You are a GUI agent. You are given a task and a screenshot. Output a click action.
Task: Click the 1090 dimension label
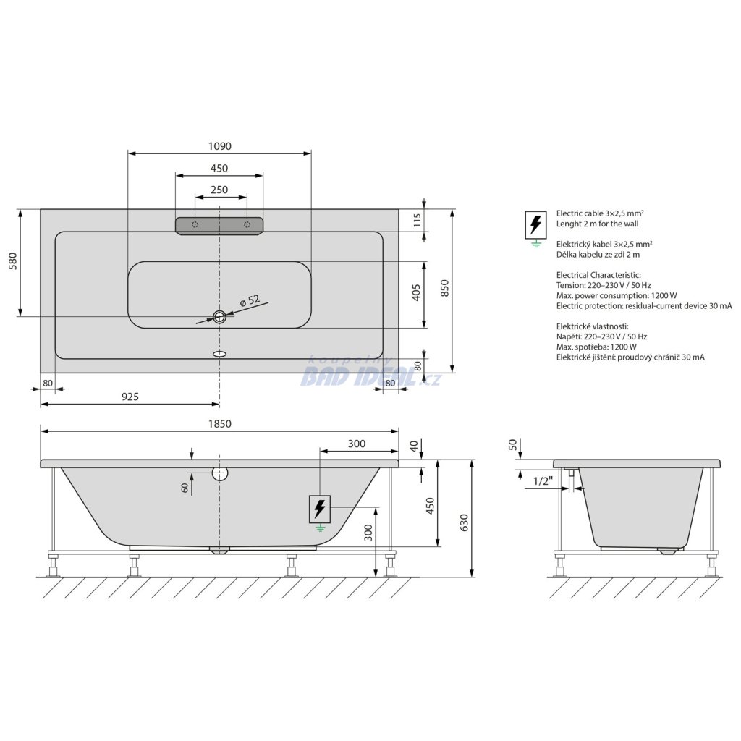click(220, 146)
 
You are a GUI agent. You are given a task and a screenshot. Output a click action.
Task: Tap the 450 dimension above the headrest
click(219, 168)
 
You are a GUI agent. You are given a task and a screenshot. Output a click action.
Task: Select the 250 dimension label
click(219, 190)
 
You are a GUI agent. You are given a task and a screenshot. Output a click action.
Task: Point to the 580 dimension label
click(12, 261)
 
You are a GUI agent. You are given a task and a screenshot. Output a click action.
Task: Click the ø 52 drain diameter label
click(250, 300)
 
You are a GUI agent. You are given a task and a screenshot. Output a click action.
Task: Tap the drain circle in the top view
click(219, 317)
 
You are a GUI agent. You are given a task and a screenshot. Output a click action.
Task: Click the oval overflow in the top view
click(220, 353)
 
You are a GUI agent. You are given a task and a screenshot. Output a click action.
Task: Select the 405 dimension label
click(416, 293)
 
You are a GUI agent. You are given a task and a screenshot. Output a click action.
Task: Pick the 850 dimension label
click(444, 288)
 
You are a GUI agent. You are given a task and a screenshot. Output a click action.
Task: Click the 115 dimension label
click(417, 220)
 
